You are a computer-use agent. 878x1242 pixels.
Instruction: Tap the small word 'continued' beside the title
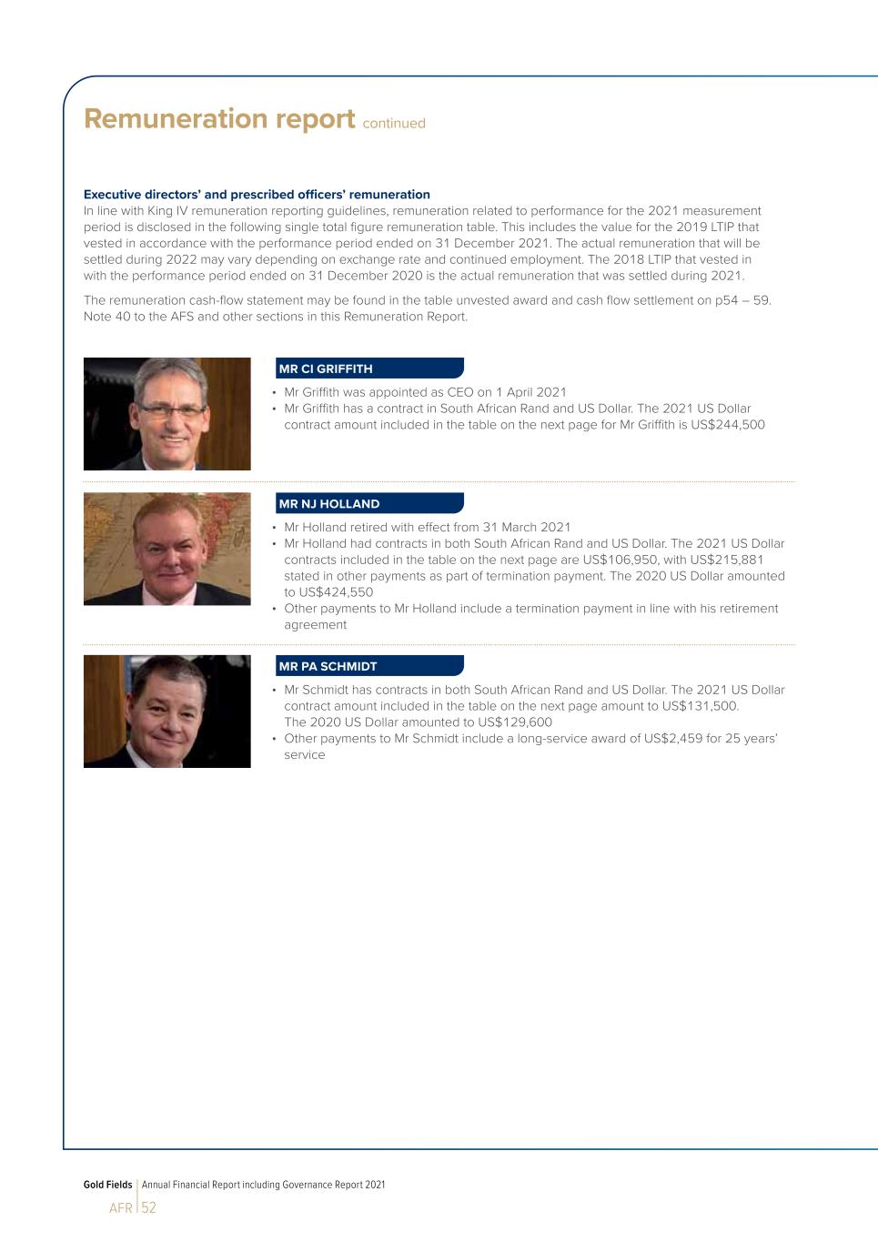(x=394, y=124)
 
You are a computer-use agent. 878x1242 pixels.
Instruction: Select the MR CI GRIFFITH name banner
(x=369, y=369)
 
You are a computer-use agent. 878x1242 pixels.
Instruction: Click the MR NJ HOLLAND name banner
(x=369, y=503)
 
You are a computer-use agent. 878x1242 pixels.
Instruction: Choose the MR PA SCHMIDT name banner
(x=369, y=666)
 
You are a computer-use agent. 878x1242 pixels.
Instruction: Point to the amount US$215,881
(x=727, y=560)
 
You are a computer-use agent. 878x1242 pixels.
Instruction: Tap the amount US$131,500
(x=700, y=706)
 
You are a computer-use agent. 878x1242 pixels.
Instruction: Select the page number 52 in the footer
(x=148, y=1208)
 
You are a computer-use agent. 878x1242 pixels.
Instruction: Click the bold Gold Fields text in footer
(x=107, y=1185)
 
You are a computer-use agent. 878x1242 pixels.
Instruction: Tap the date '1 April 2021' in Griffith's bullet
(x=530, y=392)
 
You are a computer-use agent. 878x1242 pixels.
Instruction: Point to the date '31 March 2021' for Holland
(x=527, y=527)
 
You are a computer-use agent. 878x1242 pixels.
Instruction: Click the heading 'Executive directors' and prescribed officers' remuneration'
(x=257, y=194)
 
